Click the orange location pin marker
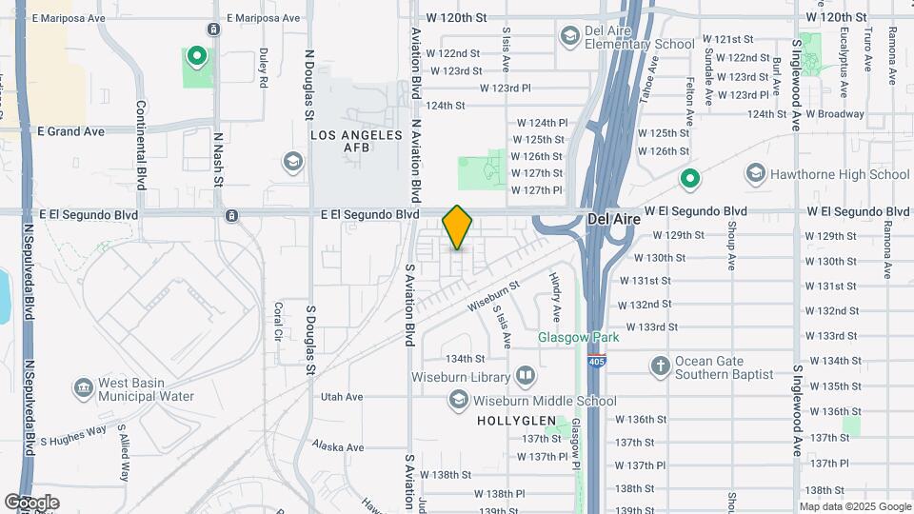pyautogui.click(x=458, y=227)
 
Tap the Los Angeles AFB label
pyautogui.click(x=357, y=141)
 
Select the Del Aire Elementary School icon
pyautogui.click(x=569, y=36)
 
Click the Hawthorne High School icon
pyautogui.click(x=756, y=173)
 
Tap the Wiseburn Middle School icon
pyautogui.click(x=460, y=401)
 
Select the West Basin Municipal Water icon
pyautogui.click(x=83, y=388)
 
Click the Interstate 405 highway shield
pyautogui.click(x=597, y=361)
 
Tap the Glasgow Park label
pyautogui.click(x=578, y=337)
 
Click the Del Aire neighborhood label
pyautogui.click(x=612, y=218)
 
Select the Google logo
pyautogui.click(x=31, y=502)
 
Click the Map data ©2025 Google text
pyautogui.click(x=854, y=506)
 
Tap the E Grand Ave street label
pyautogui.click(x=71, y=131)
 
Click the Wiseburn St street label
pyautogui.click(x=493, y=294)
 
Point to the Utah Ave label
pyautogui.click(x=342, y=397)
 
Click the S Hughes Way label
pyautogui.click(x=73, y=436)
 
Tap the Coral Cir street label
pyautogui.click(x=279, y=321)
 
